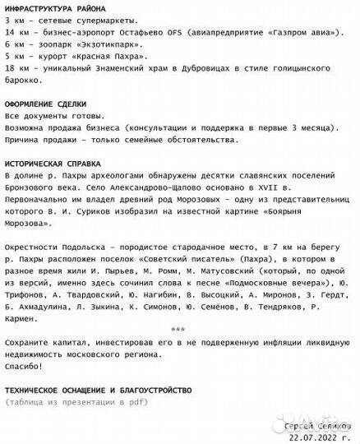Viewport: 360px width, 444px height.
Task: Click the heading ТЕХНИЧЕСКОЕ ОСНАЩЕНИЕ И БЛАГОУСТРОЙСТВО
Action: click(98, 389)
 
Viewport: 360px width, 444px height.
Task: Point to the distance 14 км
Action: click(16, 31)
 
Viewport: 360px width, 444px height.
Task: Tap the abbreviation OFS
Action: click(170, 31)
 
